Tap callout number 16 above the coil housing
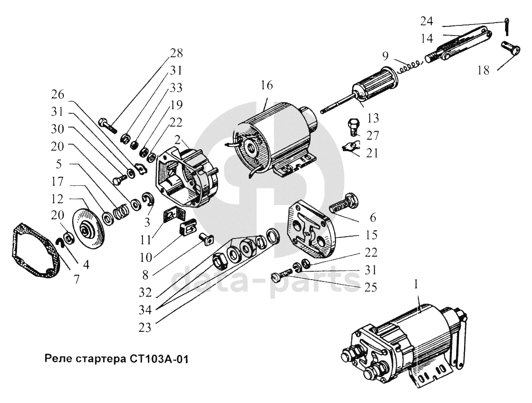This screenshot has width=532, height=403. click(x=266, y=85)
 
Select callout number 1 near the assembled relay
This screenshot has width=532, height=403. click(x=416, y=286)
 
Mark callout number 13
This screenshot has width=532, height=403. click(x=374, y=118)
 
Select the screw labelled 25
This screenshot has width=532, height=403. click(x=282, y=276)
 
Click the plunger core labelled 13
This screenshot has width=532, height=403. click(x=374, y=86)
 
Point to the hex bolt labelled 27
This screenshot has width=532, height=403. click(x=353, y=126)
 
